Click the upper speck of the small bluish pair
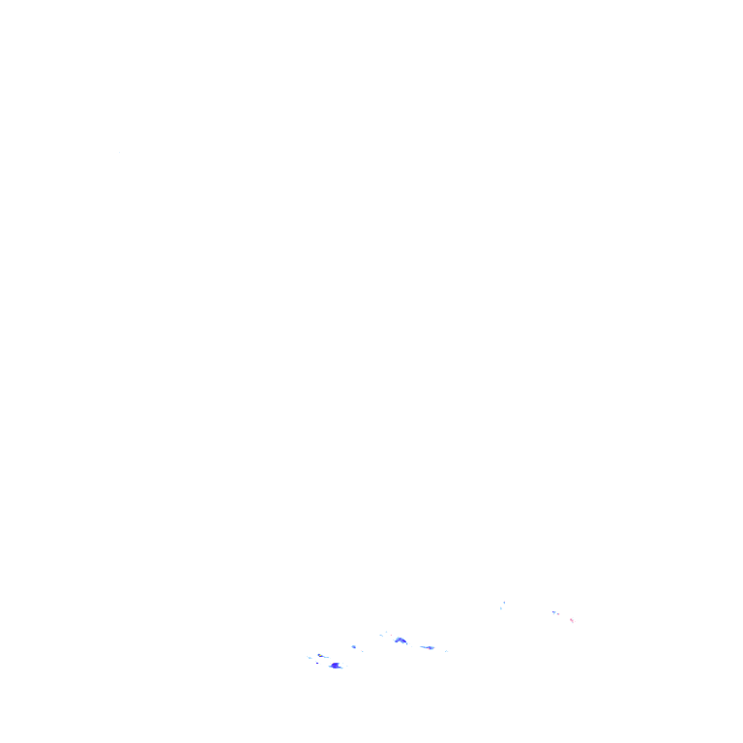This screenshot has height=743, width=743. pos(504,601)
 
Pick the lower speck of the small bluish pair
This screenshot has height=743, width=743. pos(501,609)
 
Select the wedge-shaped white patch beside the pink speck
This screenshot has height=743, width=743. pos(555,612)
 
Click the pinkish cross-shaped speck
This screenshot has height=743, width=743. pos(573,619)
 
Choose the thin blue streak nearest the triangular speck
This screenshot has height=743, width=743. pos(427,647)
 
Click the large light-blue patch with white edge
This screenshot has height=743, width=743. pos(401,640)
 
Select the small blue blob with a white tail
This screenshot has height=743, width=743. pos(355,646)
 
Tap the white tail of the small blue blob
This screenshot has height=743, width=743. pos(361,650)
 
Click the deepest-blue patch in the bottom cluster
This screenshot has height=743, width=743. pos(336,666)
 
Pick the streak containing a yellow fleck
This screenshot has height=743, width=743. pos(323,656)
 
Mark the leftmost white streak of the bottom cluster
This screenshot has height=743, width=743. pos(310,658)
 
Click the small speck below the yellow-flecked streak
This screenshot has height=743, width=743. pos(318,663)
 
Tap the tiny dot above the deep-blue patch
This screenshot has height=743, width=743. pos(344,660)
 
